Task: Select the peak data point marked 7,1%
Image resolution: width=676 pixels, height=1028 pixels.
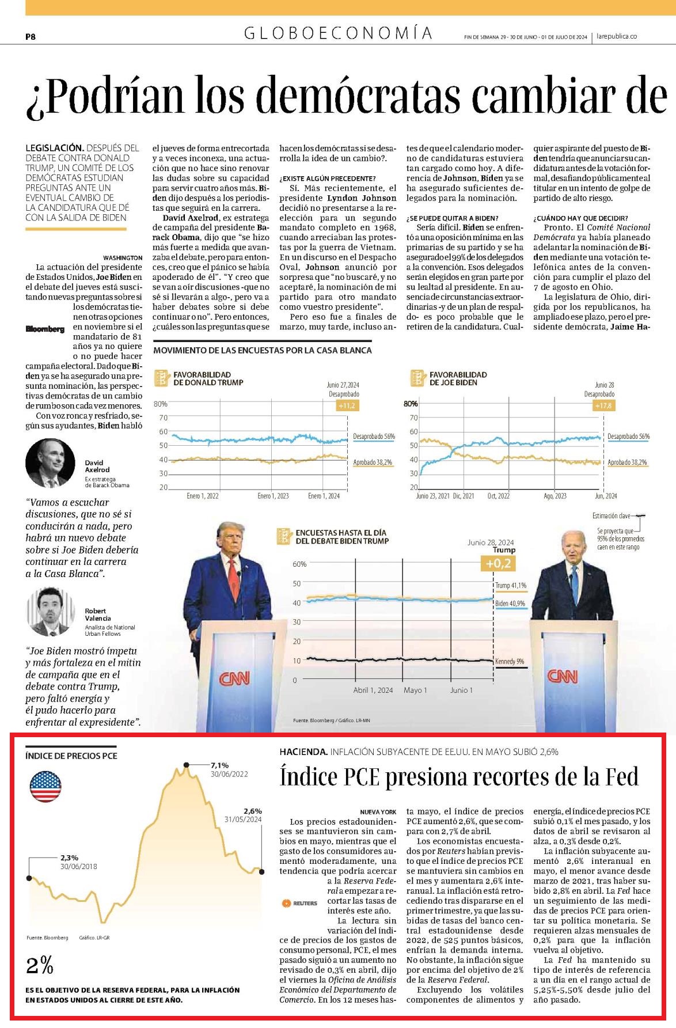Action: pyautogui.click(x=186, y=765)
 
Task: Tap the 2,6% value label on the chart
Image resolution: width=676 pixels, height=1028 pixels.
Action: pyautogui.click(x=253, y=811)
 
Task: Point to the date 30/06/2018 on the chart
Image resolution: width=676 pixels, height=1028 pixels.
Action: pyautogui.click(x=79, y=866)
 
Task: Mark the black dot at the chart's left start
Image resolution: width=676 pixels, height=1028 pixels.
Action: pyautogui.click(x=29, y=878)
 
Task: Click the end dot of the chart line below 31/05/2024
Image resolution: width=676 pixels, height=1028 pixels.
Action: pyautogui.click(x=261, y=871)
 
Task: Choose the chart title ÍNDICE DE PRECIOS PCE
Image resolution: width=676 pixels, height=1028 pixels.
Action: pyautogui.click(x=71, y=756)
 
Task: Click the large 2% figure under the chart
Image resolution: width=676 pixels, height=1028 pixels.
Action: pyautogui.click(x=40, y=965)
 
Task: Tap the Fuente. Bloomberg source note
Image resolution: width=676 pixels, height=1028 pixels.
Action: pyautogui.click(x=47, y=938)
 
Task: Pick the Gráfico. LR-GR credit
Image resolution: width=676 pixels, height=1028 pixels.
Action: pyautogui.click(x=94, y=938)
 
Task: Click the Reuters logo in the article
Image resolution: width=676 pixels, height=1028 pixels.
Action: pyautogui.click(x=299, y=903)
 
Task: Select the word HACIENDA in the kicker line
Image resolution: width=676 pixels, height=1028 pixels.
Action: pyautogui.click(x=303, y=752)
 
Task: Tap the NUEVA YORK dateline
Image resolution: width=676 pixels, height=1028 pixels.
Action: pyautogui.click(x=378, y=811)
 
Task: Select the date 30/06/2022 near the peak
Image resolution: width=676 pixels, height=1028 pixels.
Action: pyautogui.click(x=229, y=774)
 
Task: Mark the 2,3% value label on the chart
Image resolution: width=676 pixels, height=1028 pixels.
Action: pyautogui.click(x=70, y=858)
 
